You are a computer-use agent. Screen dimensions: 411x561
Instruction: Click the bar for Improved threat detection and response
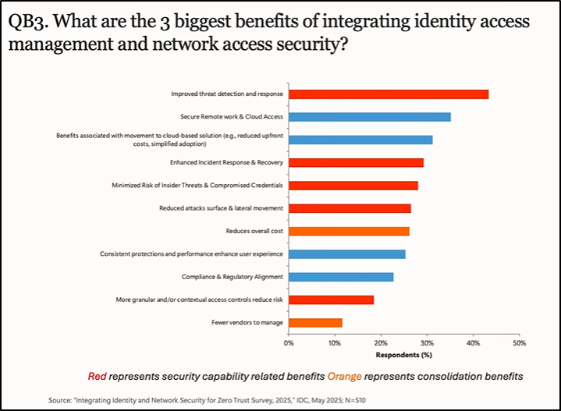pos(389,94)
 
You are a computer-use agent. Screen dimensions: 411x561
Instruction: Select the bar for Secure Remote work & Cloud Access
pos(369,117)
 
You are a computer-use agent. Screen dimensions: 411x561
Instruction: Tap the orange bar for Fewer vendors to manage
pos(315,322)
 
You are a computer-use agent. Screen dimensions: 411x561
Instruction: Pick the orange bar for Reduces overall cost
pos(349,231)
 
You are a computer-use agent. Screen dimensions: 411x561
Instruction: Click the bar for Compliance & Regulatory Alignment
pos(341,277)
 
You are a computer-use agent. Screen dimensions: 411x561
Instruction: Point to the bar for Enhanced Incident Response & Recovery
pos(356,162)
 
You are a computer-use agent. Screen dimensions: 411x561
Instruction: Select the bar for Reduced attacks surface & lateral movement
pos(350,208)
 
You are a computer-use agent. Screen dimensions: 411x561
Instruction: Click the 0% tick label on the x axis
pos(289,342)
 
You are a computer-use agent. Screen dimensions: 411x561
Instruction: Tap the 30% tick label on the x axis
pos(427,342)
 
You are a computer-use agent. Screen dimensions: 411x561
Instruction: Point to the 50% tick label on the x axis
pos(519,342)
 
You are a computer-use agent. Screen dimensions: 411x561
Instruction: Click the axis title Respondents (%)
pos(403,355)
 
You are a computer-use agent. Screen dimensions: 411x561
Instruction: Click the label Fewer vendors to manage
pos(247,322)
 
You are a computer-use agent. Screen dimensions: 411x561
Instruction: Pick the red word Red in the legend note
pos(97,377)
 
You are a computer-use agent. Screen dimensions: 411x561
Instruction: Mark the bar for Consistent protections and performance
pos(347,254)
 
